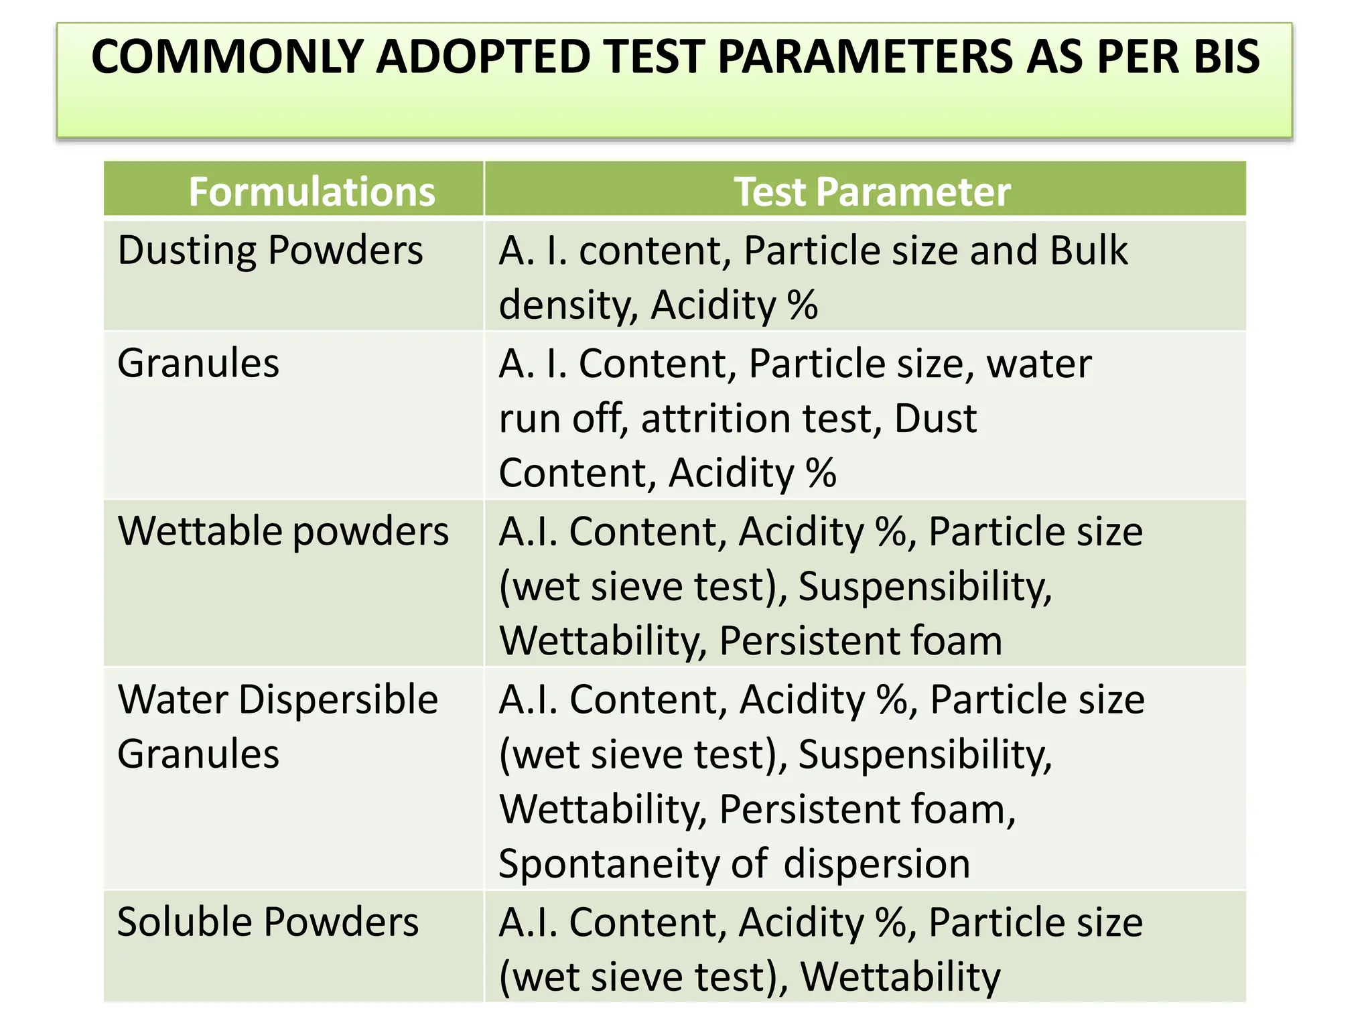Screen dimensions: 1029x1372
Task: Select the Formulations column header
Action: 312,192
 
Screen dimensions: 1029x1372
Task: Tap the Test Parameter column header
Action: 872,192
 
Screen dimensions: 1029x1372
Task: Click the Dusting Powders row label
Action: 270,251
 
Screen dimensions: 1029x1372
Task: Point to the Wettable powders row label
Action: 283,532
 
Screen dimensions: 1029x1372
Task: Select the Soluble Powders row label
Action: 267,922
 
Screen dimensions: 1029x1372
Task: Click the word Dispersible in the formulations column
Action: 338,700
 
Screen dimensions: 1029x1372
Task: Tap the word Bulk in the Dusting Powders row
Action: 1089,251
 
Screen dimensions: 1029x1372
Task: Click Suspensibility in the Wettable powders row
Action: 924,587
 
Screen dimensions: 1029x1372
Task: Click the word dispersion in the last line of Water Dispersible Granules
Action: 876,864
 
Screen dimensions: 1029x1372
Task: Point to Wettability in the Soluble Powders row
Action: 900,977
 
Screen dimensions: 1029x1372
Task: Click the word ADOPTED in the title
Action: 482,56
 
